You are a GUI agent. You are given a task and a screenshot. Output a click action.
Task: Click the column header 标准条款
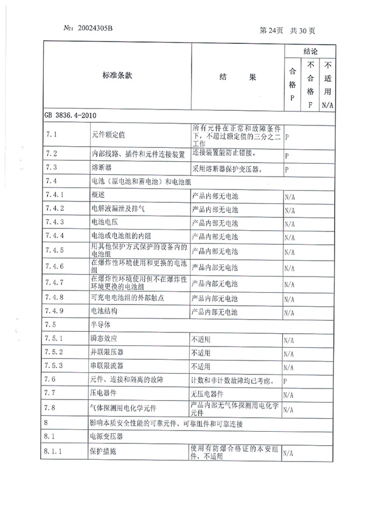point(117,76)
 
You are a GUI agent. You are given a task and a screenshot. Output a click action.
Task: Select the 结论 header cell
point(310,52)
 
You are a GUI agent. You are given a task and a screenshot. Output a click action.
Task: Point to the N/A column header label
point(328,105)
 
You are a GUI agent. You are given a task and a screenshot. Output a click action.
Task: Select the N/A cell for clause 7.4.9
point(289,312)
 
